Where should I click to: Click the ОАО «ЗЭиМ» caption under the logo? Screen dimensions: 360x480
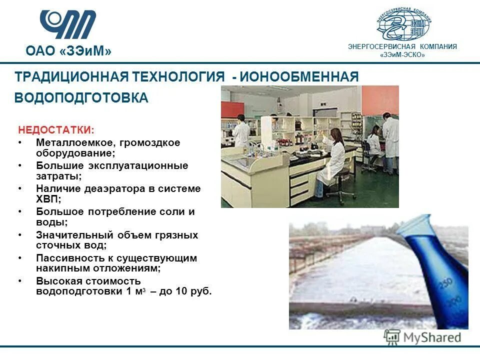point(68,51)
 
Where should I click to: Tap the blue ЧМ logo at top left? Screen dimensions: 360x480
point(68,24)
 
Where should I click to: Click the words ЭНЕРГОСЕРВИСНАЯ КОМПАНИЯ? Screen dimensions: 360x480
point(402,46)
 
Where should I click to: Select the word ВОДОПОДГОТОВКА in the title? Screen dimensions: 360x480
point(81,98)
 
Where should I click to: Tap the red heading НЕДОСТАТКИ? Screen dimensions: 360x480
point(56,130)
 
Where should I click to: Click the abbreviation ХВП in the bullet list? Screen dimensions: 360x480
point(47,199)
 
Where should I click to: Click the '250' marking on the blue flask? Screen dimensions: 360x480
point(445,285)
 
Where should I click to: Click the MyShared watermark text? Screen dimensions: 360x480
point(432,337)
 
